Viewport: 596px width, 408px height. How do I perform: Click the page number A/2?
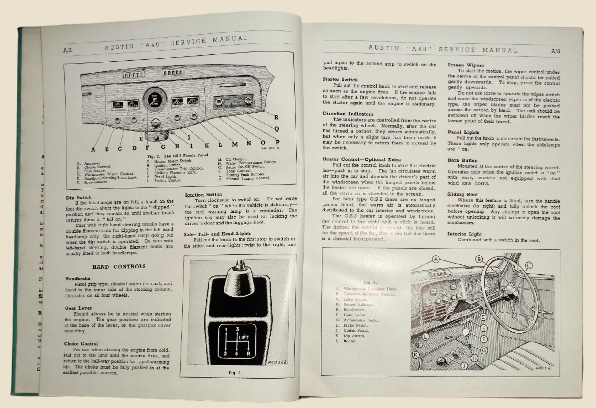point(67,51)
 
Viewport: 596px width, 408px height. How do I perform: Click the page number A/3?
point(555,51)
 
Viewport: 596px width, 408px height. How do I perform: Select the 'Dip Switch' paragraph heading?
point(79,197)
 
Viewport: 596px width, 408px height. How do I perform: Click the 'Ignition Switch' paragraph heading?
point(203,195)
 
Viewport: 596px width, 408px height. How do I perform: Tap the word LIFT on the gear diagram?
point(243,337)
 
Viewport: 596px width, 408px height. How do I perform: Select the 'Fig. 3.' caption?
point(235,373)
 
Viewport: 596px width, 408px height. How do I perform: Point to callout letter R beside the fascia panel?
point(276,117)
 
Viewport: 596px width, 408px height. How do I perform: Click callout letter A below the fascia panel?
point(93,149)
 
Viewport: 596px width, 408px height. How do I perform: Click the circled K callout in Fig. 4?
point(415,355)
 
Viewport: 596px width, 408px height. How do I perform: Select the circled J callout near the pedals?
point(465,365)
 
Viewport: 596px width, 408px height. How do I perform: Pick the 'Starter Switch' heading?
point(340,80)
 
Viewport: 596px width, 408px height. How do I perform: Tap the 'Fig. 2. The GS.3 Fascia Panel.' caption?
point(178,155)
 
